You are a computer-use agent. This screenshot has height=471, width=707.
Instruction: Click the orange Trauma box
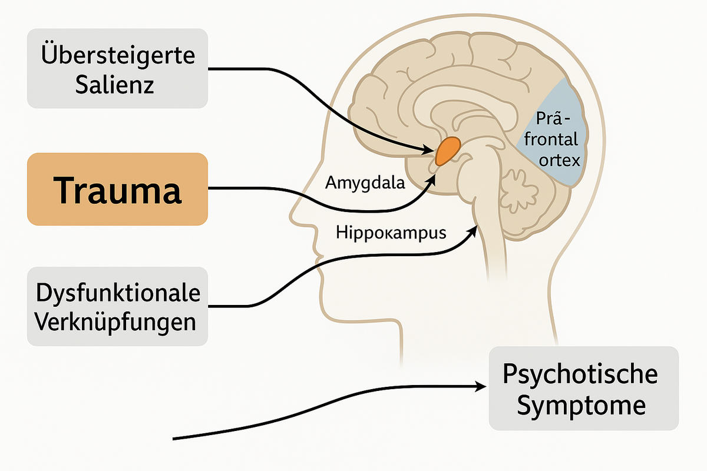[x=117, y=189]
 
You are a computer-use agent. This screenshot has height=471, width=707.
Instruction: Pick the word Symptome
[x=583, y=406]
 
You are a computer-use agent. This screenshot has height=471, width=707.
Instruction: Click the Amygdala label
[x=365, y=183]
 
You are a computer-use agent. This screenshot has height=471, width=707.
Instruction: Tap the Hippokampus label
[x=391, y=232]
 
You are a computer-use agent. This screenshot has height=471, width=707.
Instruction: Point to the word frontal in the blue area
[x=551, y=140]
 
